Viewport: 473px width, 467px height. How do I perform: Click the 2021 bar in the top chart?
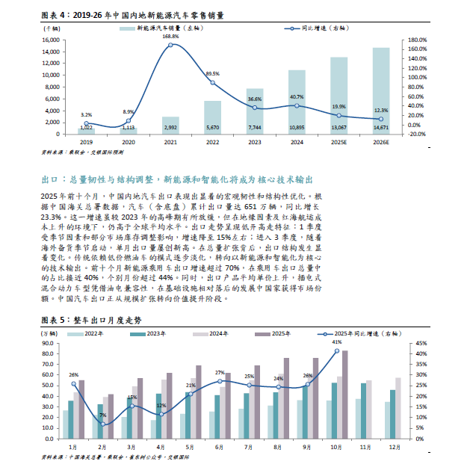(170, 126)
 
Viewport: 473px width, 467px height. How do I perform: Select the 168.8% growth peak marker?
(170, 45)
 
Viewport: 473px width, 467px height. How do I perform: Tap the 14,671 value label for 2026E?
(381, 128)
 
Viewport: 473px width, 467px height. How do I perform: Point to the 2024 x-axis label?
(297, 142)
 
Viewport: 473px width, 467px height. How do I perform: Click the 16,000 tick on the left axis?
(51, 40)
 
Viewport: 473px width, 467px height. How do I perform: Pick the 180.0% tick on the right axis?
(417, 40)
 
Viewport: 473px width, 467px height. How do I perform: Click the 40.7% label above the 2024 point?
(297, 97)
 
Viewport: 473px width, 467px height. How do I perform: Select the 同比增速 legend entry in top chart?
(316, 28)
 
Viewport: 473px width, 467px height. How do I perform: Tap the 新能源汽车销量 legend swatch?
(127, 28)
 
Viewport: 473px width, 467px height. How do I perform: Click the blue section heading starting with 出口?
(177, 180)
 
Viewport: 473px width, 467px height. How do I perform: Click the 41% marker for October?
(337, 351)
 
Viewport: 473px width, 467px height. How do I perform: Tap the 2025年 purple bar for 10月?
(345, 395)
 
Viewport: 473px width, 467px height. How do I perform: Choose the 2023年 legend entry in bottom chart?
(148, 334)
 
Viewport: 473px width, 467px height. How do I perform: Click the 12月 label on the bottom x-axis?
(395, 447)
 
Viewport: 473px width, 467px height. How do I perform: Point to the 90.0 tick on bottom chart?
(48, 343)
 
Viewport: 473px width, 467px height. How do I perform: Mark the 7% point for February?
(103, 424)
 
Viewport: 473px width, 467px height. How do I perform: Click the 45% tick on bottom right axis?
(421, 343)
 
